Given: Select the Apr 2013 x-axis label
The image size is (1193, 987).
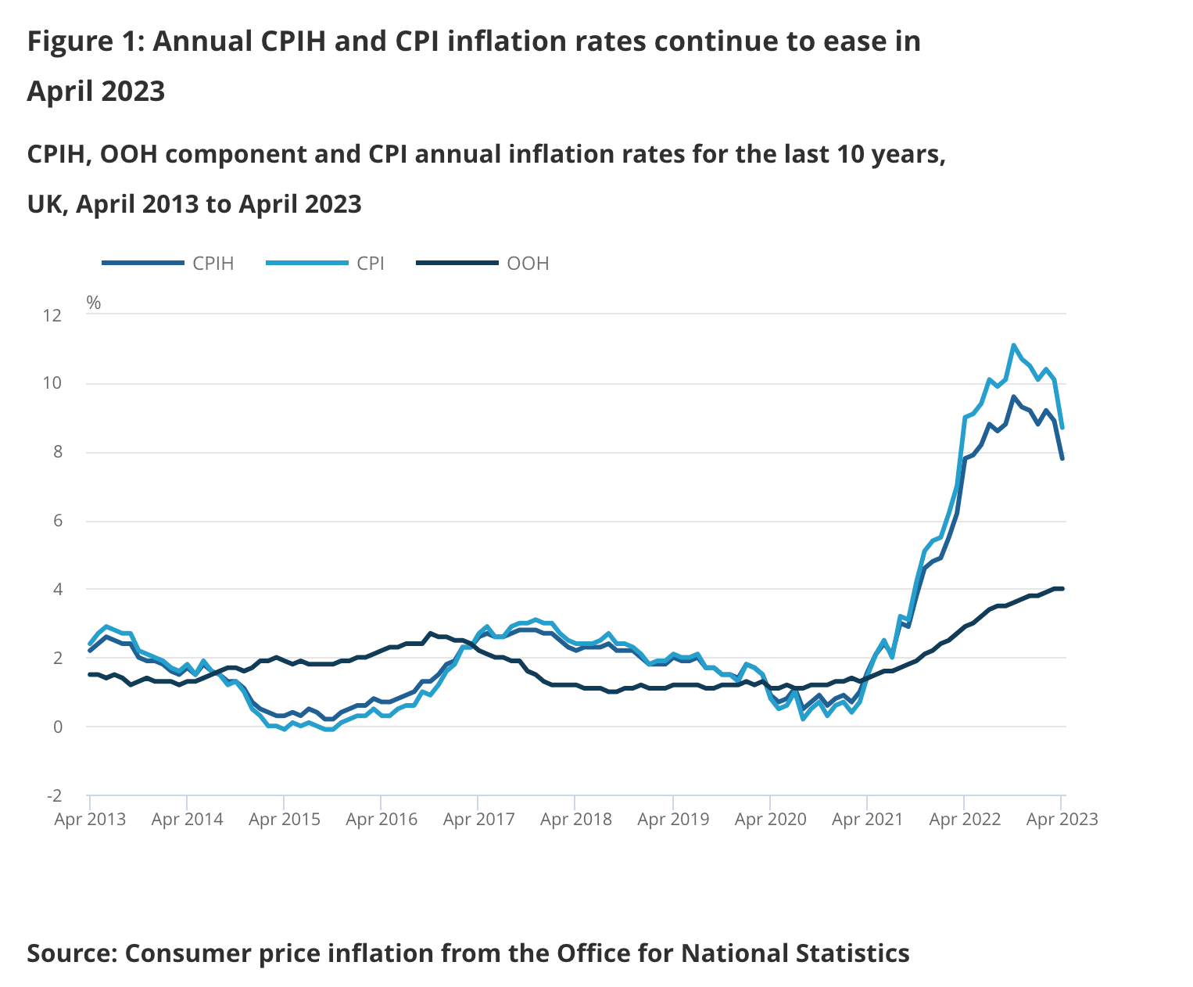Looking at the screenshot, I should click(90, 820).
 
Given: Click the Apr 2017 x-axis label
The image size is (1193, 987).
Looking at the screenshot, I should click(478, 820).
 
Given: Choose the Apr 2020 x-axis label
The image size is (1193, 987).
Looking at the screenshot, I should click(770, 820).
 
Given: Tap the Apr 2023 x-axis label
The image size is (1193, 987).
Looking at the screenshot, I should click(1062, 820).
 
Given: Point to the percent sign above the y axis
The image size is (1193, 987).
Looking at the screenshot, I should click(94, 303).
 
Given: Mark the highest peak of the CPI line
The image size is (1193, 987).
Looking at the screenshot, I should click(1013, 345).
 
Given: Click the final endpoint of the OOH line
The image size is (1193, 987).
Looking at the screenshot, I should click(1062, 589).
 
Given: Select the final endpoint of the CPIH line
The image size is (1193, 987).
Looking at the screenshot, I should click(1062, 458).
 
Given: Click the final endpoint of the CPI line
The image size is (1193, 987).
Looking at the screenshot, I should click(1062, 427).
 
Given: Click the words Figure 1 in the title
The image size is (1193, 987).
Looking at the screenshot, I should click(84, 41).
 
